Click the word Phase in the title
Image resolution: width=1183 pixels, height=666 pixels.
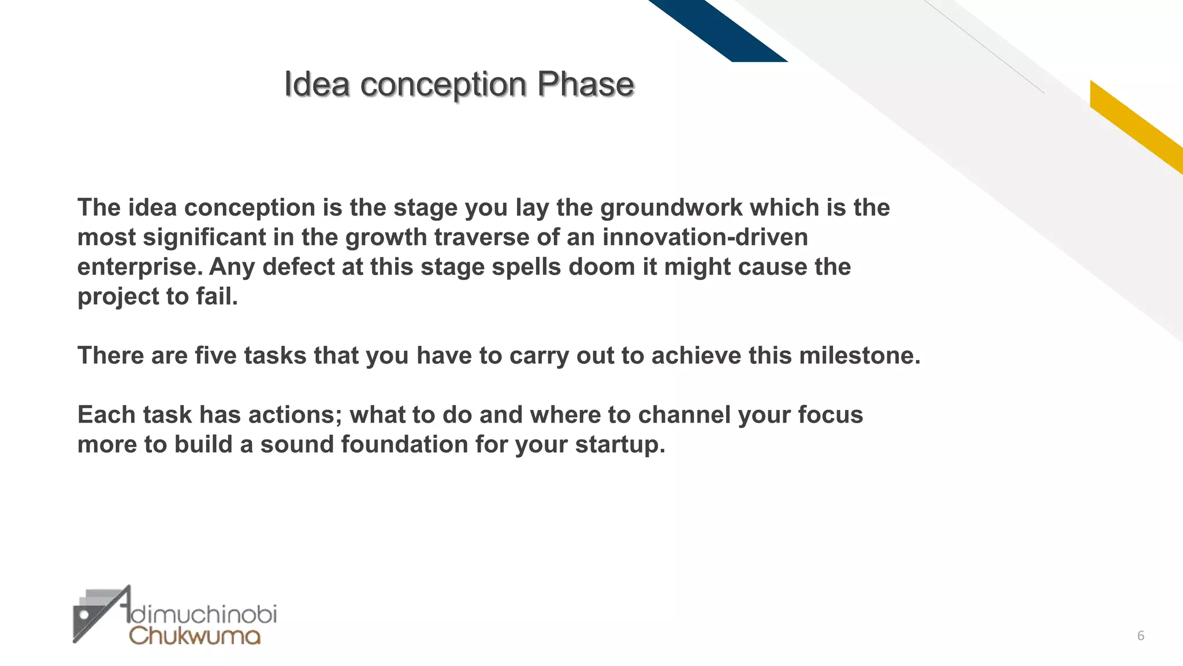[585, 84]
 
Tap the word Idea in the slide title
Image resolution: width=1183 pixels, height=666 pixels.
[317, 84]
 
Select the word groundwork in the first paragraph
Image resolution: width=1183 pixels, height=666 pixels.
[671, 208]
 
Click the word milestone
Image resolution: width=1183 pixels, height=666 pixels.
[859, 356]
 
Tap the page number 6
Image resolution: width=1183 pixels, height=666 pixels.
[1140, 636]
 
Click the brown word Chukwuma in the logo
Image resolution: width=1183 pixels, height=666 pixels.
[195, 636]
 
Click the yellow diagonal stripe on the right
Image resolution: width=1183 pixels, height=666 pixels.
[1135, 127]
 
